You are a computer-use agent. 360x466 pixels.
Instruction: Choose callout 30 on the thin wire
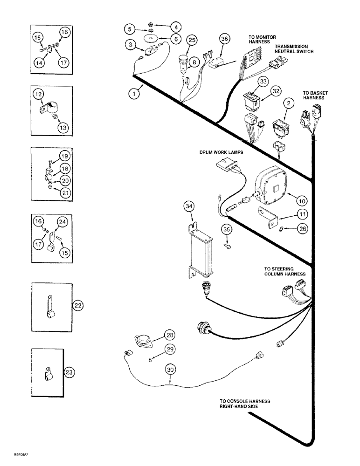(169, 370)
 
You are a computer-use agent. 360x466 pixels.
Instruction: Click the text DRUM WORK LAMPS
(221, 152)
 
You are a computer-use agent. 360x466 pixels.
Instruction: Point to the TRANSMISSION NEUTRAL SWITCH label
(293, 49)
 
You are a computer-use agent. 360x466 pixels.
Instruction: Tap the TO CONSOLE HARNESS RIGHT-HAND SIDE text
(245, 403)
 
